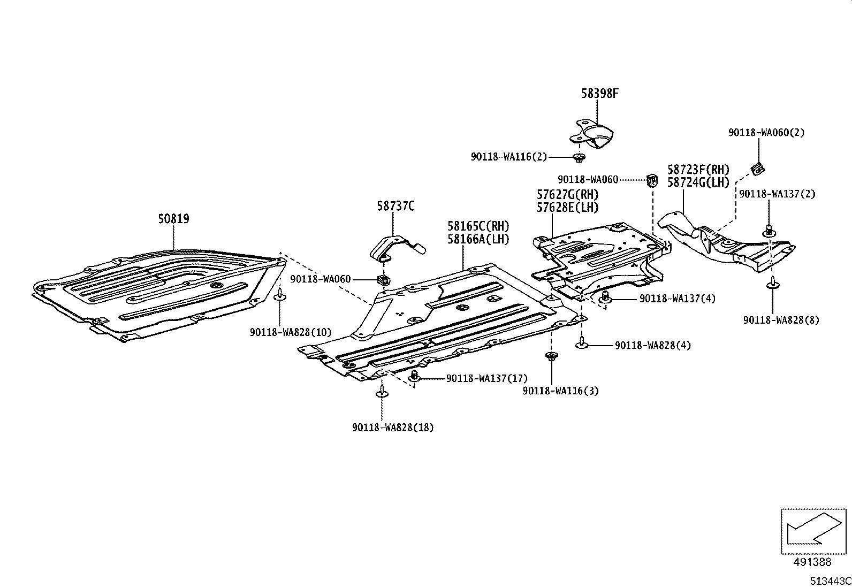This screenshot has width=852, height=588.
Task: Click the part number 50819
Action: click(173, 219)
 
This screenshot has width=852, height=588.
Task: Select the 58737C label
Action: click(395, 205)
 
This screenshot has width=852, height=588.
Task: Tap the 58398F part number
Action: click(599, 94)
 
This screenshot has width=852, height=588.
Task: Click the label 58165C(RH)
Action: click(478, 226)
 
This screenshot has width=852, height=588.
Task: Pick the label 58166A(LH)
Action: click(478, 239)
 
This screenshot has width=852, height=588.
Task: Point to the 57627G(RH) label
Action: click(567, 194)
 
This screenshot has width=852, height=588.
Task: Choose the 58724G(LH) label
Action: click(698, 182)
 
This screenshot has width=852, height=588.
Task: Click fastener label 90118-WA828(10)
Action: click(290, 332)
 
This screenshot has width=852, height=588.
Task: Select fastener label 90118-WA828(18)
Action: click(393, 427)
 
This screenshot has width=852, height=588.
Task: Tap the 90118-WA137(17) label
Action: click(486, 378)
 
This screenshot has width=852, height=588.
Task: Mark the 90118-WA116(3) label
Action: click(560, 391)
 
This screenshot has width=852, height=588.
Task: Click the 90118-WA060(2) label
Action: click(766, 132)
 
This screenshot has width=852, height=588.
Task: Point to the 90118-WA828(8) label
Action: click(780, 320)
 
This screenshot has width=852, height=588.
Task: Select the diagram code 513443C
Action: click(830, 581)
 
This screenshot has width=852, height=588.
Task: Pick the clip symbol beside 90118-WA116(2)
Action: click(579, 157)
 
